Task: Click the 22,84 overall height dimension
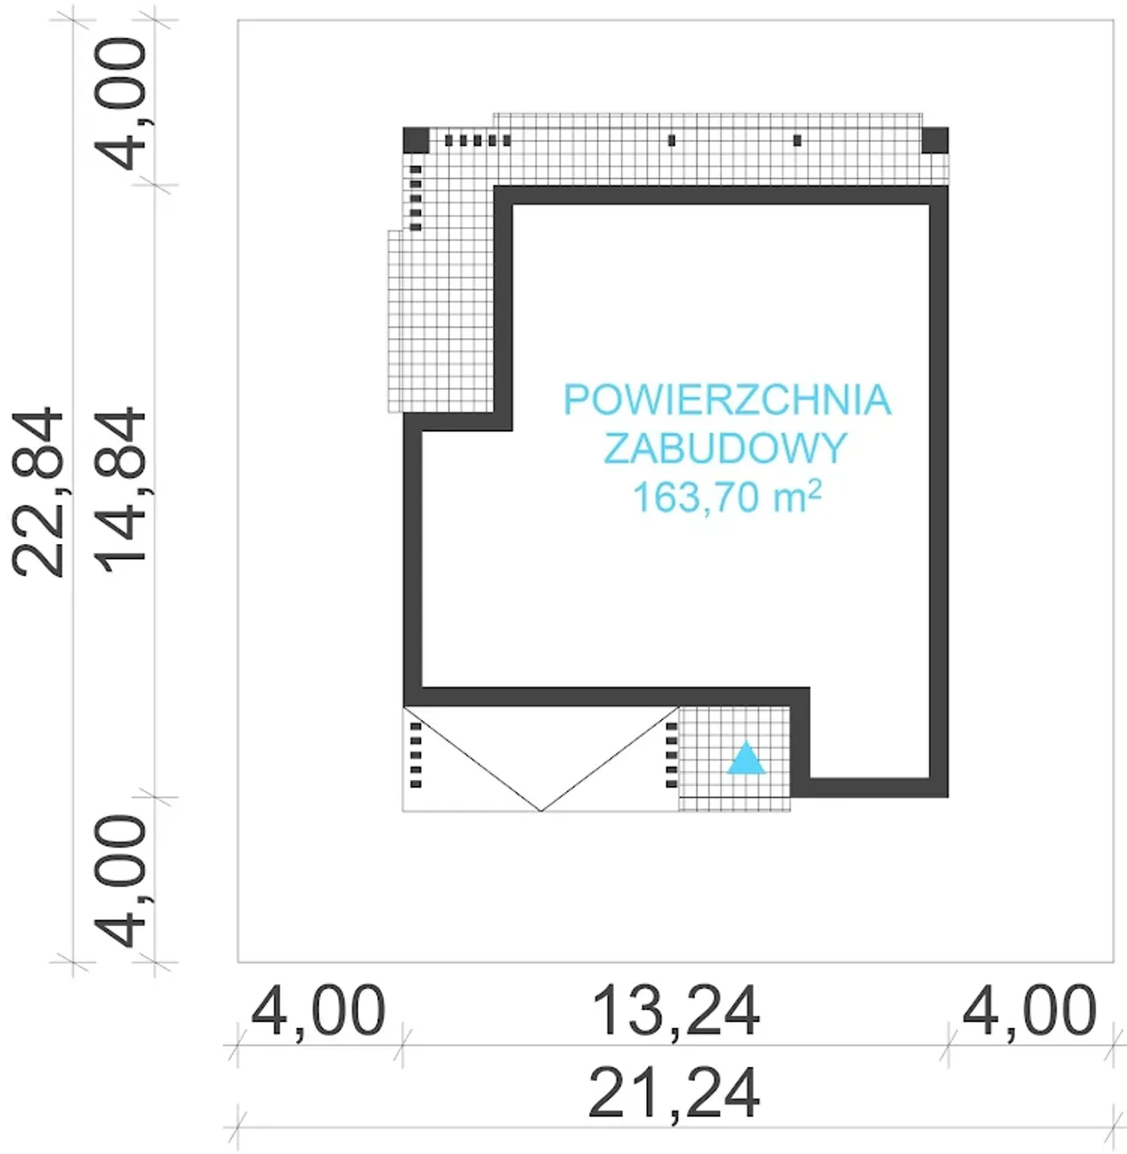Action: point(41,492)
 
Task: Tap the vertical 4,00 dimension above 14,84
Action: point(122,103)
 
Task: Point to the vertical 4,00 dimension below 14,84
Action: point(122,880)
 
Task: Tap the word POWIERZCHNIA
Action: point(727,401)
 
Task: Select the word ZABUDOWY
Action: point(725,448)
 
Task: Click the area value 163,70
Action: point(696,497)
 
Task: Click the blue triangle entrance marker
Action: point(746,758)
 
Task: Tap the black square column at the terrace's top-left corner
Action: point(416,140)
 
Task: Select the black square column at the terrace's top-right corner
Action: point(935,140)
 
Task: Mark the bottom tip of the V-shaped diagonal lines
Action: point(541,810)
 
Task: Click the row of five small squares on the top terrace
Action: point(477,140)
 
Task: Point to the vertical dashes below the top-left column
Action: point(416,197)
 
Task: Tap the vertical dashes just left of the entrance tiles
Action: point(672,754)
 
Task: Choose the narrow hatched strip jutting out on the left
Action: point(395,321)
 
